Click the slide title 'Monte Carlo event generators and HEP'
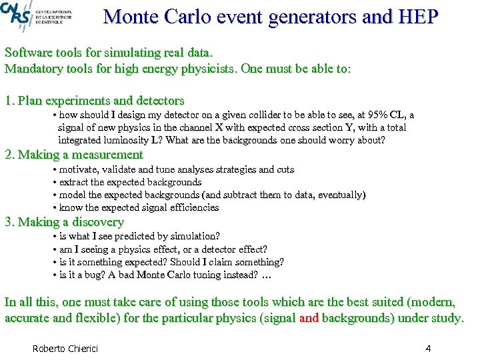coord(271,16)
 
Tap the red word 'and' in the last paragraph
coord(309,318)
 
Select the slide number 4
coord(428,349)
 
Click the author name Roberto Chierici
coord(65,349)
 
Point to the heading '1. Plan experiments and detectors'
coord(94,101)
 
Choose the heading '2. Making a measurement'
coord(74,155)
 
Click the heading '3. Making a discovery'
coord(64,222)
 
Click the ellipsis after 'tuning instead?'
coord(267,275)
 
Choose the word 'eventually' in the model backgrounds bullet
coord(339,195)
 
